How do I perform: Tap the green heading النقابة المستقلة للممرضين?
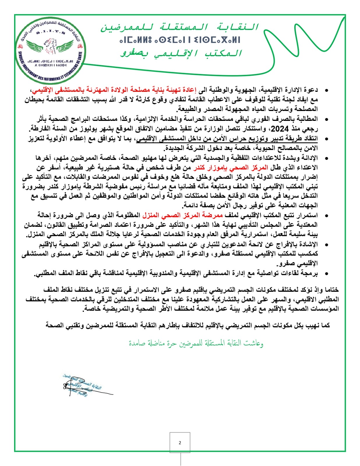tap(180, 27)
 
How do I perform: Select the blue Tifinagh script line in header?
tap(180, 40)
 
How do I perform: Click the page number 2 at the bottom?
tap(180, 443)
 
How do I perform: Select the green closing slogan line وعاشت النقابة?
tap(196, 343)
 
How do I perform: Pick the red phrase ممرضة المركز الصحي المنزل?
tap(183, 215)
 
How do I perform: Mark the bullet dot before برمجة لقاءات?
tap(327, 273)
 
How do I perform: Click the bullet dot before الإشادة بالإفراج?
tap(327, 245)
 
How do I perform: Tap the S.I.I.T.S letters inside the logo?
tap(51, 33)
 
